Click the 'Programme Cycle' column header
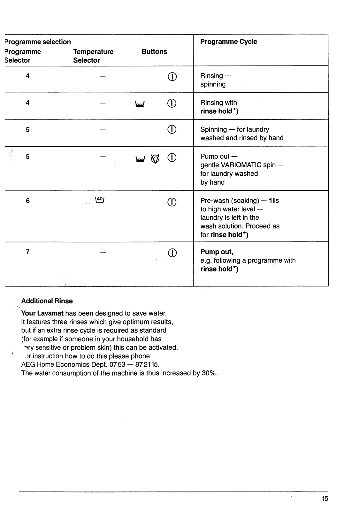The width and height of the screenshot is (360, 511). click(x=228, y=42)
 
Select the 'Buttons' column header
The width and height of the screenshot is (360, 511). click(x=154, y=52)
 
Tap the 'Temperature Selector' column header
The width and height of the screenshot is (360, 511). click(x=93, y=56)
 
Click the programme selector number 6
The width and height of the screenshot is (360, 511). click(x=28, y=201)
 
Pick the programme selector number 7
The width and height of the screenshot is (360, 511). click(x=28, y=252)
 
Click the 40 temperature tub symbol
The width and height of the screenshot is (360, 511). click(x=100, y=200)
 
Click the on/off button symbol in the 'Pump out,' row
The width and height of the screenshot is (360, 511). click(x=172, y=253)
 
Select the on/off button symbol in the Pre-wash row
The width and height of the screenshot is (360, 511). click(x=172, y=202)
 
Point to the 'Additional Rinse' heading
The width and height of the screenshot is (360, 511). click(x=47, y=301)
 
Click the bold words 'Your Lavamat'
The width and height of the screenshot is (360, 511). click(x=42, y=314)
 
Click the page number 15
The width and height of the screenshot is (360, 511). click(x=325, y=499)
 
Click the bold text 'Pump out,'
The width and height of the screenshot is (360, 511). click(x=217, y=252)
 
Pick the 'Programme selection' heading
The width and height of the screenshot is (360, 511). click(x=38, y=42)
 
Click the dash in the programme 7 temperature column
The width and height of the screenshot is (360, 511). click(x=103, y=252)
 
